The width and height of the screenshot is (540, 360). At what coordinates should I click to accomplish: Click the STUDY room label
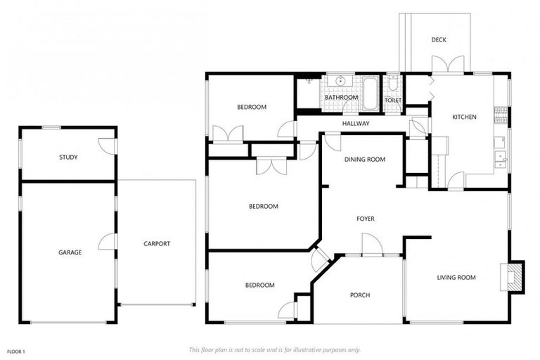coord(68,157)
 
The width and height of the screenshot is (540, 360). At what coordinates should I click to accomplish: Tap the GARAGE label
coord(70,252)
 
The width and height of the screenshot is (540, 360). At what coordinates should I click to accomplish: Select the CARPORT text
coord(156,244)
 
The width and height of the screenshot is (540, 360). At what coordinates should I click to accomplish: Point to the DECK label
coord(439,40)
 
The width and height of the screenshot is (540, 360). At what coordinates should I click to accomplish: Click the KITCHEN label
coord(464,117)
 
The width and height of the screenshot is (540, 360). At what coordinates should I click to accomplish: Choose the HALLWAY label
coord(356,124)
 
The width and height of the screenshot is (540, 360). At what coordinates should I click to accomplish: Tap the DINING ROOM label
coord(364,160)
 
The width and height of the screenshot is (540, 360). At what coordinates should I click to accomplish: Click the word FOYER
coord(365,219)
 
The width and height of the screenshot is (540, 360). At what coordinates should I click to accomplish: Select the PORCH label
coord(359,295)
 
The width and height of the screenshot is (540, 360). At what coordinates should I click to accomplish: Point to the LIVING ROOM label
coord(456,277)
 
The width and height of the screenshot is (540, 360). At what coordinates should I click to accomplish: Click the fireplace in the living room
coord(514,276)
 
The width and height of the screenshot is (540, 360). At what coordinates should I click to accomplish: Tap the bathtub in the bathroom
coord(370,94)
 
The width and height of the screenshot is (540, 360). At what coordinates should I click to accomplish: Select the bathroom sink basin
coord(341,82)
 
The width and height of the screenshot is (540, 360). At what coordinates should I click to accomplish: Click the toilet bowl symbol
coord(393,85)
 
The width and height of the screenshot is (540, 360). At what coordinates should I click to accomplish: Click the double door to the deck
coord(448,65)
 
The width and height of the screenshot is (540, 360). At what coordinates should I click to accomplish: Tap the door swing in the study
coord(108,146)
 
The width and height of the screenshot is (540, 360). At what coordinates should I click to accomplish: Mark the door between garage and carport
coord(108,241)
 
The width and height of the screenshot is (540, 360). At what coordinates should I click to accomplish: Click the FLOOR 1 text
coord(16,351)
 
